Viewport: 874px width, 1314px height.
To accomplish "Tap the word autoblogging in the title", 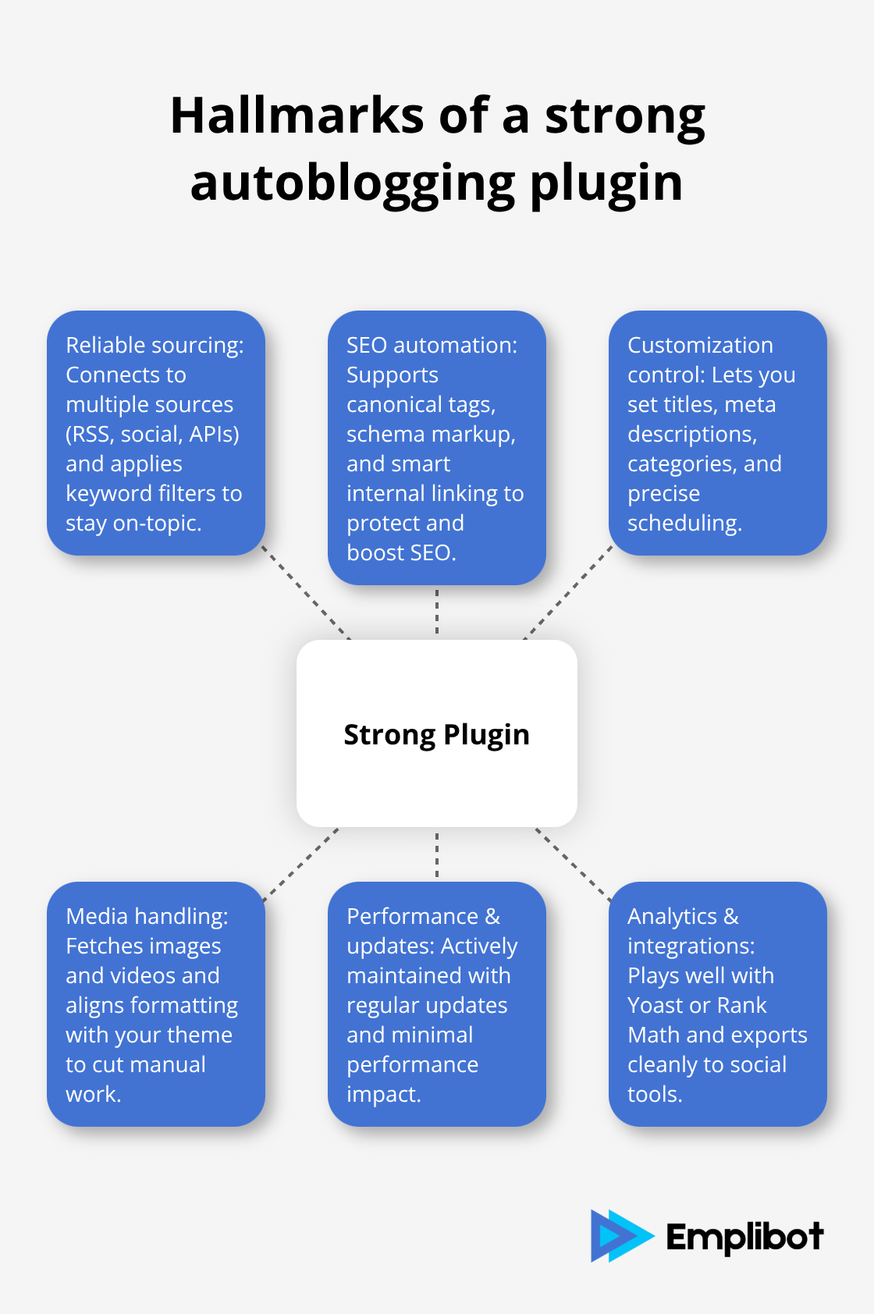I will (353, 184).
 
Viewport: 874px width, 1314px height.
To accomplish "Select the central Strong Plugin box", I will (437, 733).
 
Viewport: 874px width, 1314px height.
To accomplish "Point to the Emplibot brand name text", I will (744, 1237).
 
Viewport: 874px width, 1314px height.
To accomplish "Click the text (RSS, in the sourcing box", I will (90, 434).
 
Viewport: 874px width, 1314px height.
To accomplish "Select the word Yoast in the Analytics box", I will (654, 1005).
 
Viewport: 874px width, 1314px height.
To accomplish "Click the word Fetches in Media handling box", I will (104, 946).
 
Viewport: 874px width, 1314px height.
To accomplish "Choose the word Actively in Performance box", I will (479, 946).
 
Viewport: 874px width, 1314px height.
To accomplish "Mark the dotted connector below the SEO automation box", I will (437, 612).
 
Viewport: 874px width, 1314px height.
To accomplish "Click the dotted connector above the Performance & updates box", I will (437, 854).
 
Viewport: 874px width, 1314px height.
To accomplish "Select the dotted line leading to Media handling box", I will (301, 865).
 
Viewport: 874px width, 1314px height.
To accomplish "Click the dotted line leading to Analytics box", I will (573, 865).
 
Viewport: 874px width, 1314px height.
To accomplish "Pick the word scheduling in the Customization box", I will (684, 523).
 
